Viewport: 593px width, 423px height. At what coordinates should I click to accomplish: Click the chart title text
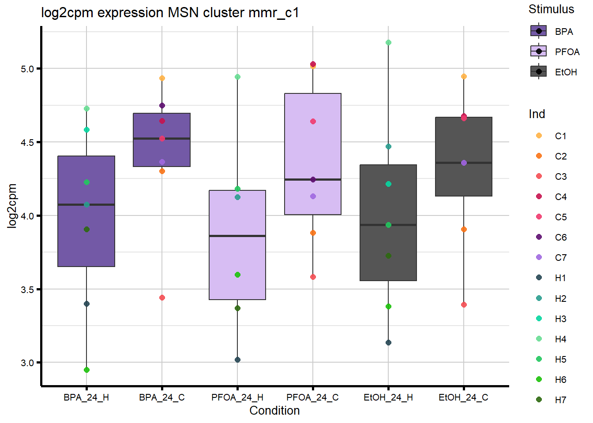click(170, 12)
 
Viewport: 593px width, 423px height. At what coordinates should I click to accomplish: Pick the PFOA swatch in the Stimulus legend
click(539, 52)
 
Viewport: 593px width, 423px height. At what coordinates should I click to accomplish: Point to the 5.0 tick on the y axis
click(27, 69)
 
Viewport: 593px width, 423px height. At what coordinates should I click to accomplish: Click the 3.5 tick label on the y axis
click(27, 289)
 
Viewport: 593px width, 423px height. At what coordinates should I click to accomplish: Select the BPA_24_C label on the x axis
click(162, 397)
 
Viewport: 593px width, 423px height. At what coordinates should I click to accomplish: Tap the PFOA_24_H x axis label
click(237, 397)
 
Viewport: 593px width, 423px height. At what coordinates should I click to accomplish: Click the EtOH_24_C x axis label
click(463, 397)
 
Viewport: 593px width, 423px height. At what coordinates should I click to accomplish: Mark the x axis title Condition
click(274, 411)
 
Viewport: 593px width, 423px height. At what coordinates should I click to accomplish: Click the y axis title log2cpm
click(12, 206)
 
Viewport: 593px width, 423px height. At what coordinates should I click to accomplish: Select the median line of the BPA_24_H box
click(86, 204)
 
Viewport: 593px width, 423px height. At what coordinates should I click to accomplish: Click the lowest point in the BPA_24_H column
click(86, 370)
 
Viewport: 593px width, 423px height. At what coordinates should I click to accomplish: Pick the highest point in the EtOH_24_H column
click(388, 43)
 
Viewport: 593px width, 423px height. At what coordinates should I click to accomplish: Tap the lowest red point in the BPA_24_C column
click(162, 298)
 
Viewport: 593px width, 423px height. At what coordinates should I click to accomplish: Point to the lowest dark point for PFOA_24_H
click(237, 360)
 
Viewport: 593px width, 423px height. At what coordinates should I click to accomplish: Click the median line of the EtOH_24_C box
click(464, 163)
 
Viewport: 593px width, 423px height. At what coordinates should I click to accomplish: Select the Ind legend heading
click(537, 114)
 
